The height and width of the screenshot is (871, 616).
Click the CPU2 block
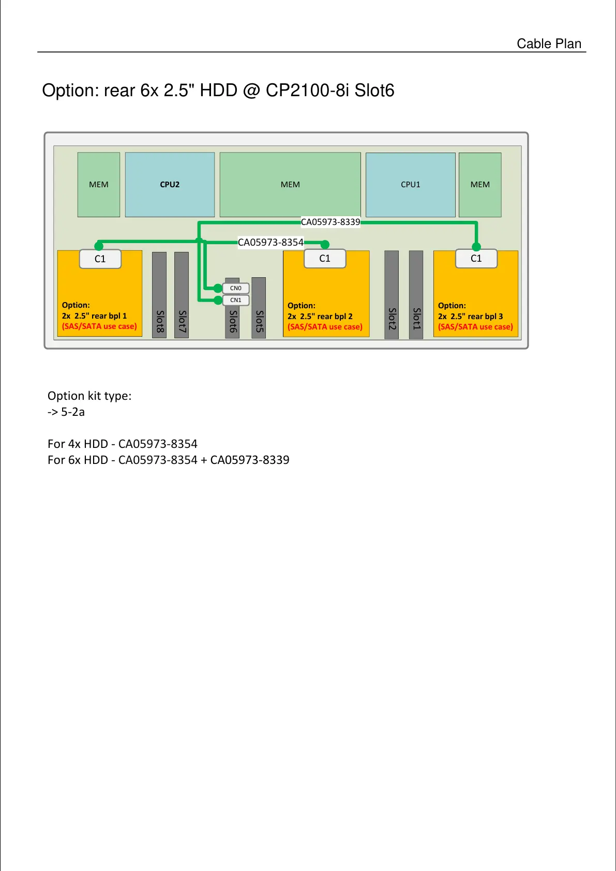[x=170, y=185]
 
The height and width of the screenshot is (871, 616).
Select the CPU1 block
[x=410, y=185]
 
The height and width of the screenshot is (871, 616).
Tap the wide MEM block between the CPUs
[x=290, y=185]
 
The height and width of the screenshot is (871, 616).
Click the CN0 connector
[x=236, y=288]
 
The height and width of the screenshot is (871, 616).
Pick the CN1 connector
[x=236, y=300]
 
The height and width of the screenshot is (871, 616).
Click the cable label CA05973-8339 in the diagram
[x=330, y=222]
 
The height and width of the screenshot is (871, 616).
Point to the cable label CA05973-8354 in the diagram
[x=271, y=242]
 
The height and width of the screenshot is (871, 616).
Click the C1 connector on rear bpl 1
[x=100, y=259]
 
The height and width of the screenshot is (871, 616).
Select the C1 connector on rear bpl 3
[x=476, y=259]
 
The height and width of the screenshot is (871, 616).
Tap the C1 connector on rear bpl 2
[x=325, y=259]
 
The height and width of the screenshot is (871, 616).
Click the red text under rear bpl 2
[x=325, y=327]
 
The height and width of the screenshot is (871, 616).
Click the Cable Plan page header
[x=549, y=44]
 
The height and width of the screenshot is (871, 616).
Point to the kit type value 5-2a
[x=73, y=412]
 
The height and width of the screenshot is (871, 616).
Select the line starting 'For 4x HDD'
[x=123, y=444]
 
